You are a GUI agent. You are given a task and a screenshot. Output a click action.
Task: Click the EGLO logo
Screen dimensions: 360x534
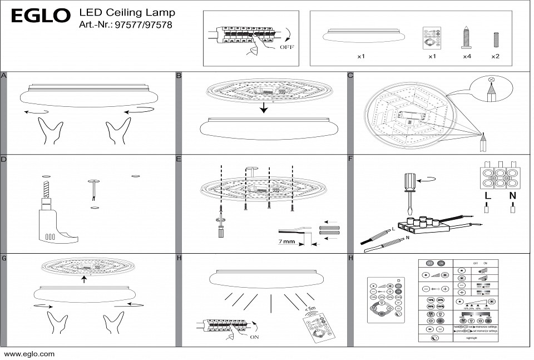pyautogui.click(x=41, y=16)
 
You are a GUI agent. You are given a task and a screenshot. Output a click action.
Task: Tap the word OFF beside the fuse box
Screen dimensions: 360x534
pyautogui.click(x=286, y=47)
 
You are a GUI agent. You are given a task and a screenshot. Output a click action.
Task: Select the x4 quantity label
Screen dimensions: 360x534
pyautogui.click(x=467, y=57)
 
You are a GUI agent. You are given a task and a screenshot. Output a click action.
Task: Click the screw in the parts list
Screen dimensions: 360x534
pyautogui.click(x=467, y=37)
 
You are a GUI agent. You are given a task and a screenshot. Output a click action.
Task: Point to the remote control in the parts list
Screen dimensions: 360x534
pyautogui.click(x=432, y=38)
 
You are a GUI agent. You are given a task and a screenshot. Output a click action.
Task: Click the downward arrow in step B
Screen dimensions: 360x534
pyautogui.click(x=264, y=107)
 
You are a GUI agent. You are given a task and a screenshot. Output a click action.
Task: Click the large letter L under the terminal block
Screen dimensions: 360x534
pyautogui.click(x=487, y=196)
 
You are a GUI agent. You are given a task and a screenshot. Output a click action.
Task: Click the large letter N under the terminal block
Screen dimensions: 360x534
pyautogui.click(x=512, y=196)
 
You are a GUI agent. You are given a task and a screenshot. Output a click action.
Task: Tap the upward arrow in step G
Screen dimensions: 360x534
pyautogui.click(x=83, y=279)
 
